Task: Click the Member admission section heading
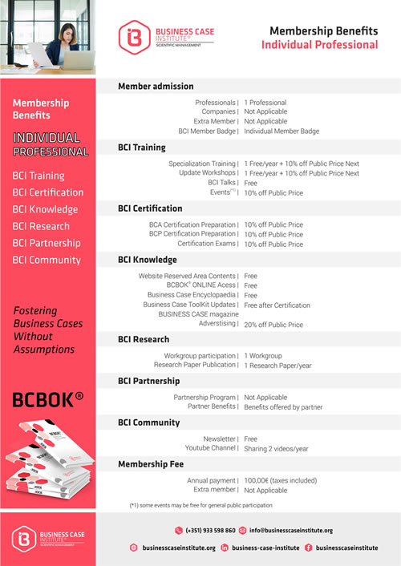(156, 86)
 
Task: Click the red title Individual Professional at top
(319, 45)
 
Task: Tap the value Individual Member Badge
(282, 131)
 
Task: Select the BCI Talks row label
(222, 183)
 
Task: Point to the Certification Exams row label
(207, 244)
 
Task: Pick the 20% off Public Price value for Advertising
(273, 325)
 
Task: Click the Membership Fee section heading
(150, 464)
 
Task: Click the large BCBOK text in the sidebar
(43, 399)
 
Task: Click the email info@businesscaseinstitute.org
(290, 530)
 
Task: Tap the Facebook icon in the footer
(309, 548)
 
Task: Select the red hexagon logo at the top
(130, 36)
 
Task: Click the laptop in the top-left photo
(76, 60)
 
